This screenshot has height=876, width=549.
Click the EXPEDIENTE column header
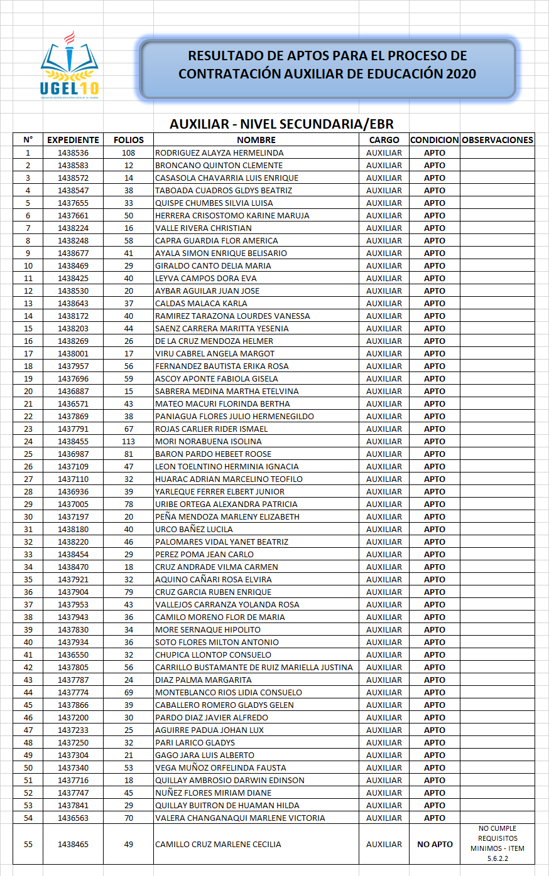(x=73, y=140)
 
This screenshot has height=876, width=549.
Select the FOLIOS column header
(x=129, y=140)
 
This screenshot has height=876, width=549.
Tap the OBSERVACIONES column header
(x=497, y=140)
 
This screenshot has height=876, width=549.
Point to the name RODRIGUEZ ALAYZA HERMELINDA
(x=219, y=152)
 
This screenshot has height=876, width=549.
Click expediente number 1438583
(x=73, y=165)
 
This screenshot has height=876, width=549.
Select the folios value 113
(x=129, y=441)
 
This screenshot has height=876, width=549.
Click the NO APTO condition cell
(x=435, y=844)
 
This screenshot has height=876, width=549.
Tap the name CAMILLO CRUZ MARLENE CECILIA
(x=218, y=844)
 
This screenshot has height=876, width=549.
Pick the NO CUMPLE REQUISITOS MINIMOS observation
(x=497, y=843)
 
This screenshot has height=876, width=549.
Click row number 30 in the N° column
(x=28, y=516)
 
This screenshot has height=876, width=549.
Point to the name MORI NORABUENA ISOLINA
(x=209, y=441)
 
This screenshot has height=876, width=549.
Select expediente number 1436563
(x=73, y=818)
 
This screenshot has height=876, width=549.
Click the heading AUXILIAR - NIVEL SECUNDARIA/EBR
(x=281, y=124)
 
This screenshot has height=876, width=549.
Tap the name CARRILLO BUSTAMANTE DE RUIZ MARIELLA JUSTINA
(x=254, y=667)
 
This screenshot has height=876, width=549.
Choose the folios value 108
(x=129, y=152)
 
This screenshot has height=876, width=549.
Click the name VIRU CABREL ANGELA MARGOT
(x=215, y=353)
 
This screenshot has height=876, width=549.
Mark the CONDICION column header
(x=435, y=140)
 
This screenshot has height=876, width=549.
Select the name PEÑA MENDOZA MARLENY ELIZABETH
(x=227, y=516)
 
